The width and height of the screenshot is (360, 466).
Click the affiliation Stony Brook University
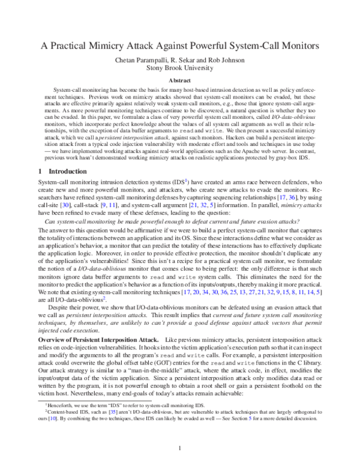(x=180, y=67)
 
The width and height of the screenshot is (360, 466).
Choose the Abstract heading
(x=180, y=79)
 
